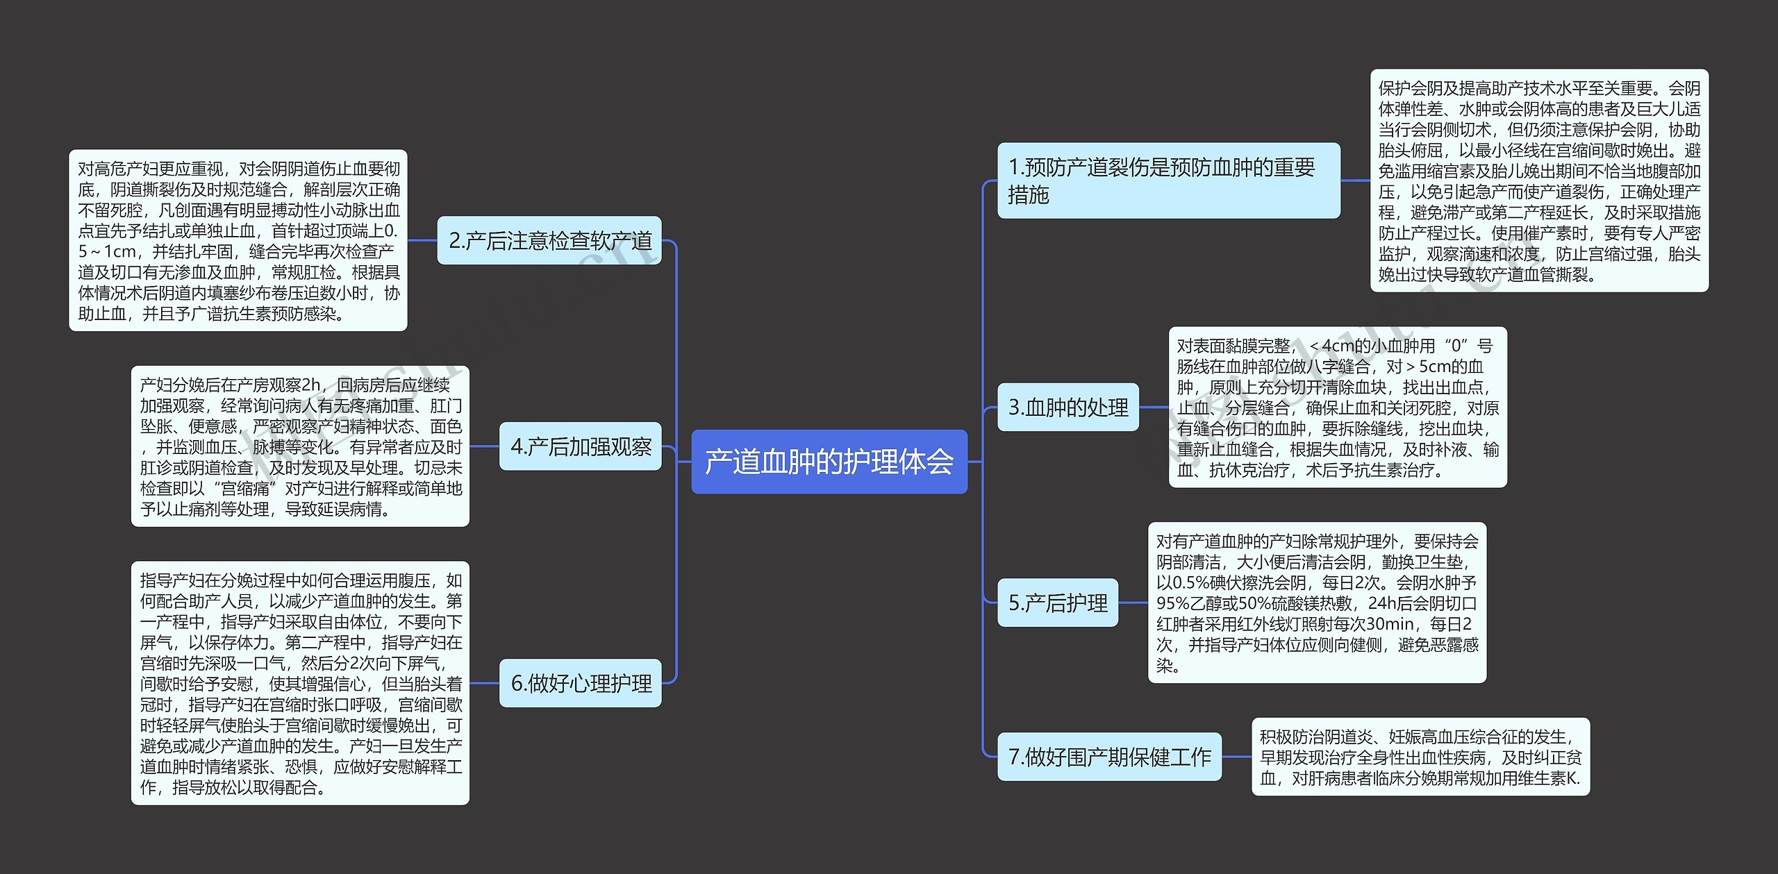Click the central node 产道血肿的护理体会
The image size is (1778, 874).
pos(829,462)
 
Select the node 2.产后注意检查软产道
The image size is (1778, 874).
pos(549,240)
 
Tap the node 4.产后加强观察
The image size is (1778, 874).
pos(581,446)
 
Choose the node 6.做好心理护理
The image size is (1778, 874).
pos(581,683)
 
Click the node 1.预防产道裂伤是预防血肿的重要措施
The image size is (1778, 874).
pos(1168,180)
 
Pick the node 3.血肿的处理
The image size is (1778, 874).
pos(1068,407)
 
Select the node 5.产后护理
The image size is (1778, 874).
pos(1058,603)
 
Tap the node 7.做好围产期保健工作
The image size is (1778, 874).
pos(1109,757)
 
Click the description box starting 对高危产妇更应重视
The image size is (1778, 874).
pos(238,240)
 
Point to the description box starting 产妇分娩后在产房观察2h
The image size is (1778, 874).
pos(300,446)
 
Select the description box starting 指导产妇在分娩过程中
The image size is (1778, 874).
pos(300,683)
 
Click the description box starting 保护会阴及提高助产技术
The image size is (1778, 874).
pos(1539,180)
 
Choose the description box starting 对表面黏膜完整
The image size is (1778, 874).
pos(1338,407)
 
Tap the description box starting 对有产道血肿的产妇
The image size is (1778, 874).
pos(1317,603)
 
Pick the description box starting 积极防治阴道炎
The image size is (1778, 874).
pos(1420,757)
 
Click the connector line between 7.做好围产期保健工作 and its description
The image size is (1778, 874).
pos(1236,757)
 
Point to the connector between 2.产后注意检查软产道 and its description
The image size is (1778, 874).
pos(422,240)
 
